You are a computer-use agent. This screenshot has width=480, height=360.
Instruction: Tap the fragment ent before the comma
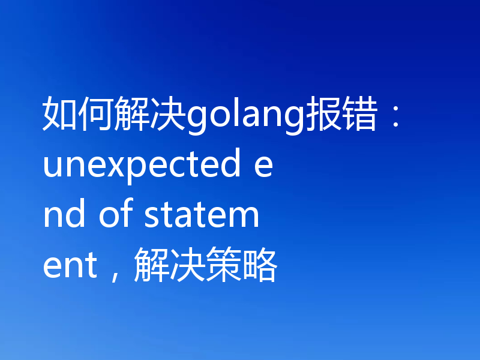[70, 266]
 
